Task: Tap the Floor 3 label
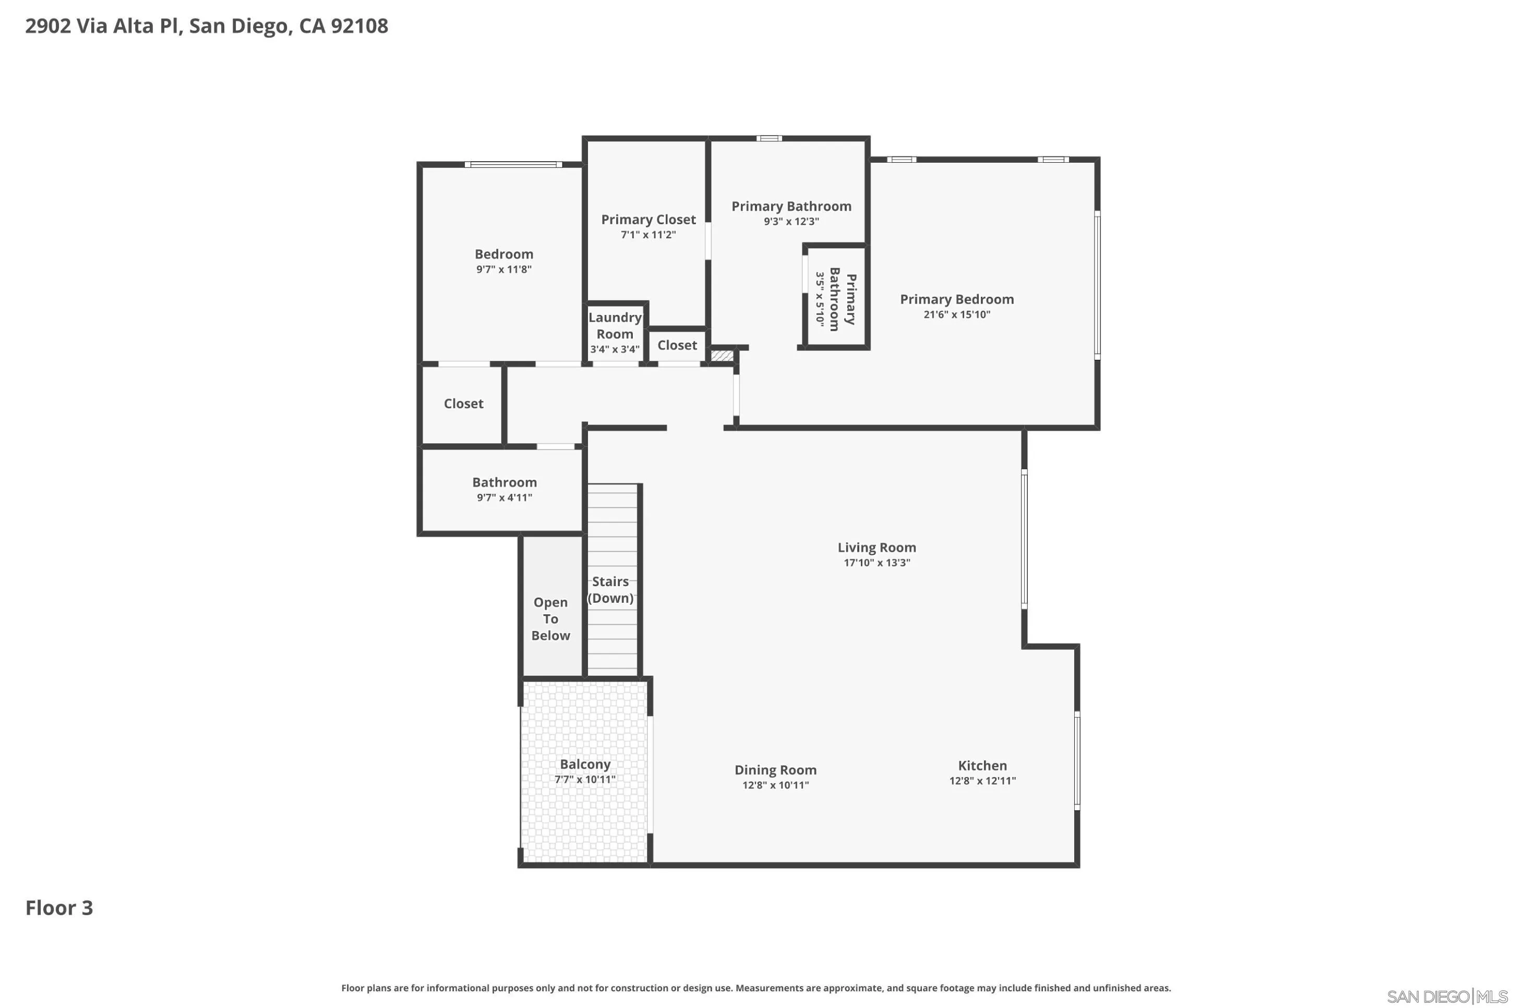pos(59,908)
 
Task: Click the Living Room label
pos(876,547)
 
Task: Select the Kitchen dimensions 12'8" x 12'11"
pos(982,781)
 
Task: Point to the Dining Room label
pos(775,770)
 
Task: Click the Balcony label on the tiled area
pos(585,764)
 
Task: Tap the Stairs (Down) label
pos(611,589)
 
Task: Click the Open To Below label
pos(550,618)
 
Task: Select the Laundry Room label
pos(615,325)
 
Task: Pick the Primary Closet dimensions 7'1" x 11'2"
pos(648,235)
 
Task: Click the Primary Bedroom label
pos(957,299)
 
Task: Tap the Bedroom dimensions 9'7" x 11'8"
pos(504,270)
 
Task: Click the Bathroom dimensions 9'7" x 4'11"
pos(504,497)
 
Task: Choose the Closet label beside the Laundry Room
pos(677,345)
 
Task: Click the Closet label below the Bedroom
pos(464,404)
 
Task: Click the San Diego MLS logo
pos(1447,997)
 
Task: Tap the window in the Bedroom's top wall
pos(513,165)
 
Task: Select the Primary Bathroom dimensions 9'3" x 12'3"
pos(791,222)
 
